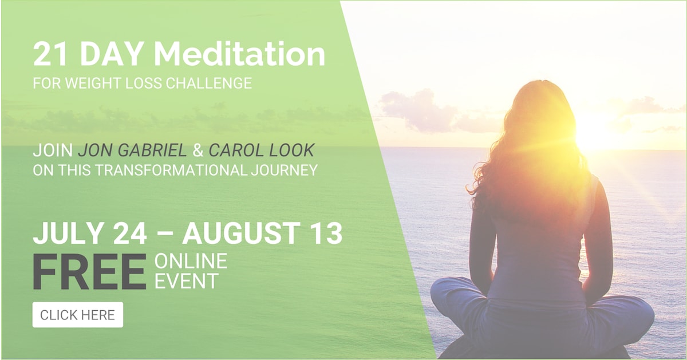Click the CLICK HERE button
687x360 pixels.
pyautogui.click(x=78, y=315)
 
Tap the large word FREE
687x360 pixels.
pyautogui.click(x=90, y=272)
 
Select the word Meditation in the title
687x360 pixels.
pyautogui.click(x=239, y=54)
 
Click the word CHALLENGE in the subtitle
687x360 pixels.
pyautogui.click(x=208, y=83)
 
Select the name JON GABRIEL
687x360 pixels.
pyautogui.click(x=132, y=151)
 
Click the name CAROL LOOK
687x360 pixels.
pyautogui.click(x=262, y=151)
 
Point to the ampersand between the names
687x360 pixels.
pyautogui.click(x=198, y=151)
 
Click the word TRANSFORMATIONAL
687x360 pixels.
pyautogui.click(x=171, y=170)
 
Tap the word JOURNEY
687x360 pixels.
pyautogui.click(x=285, y=170)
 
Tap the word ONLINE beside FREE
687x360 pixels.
pyautogui.click(x=191, y=261)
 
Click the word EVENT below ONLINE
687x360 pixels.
pyautogui.click(x=187, y=280)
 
